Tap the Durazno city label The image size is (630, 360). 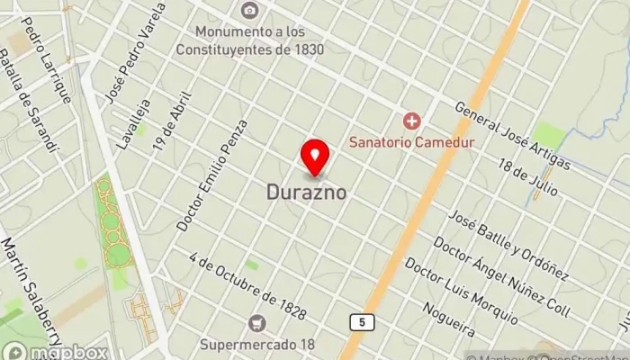coord(307,192)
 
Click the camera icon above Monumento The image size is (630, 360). coord(250,11)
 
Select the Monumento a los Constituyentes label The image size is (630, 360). coord(250,41)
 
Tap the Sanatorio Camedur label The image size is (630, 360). coord(412,141)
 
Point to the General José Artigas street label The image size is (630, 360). coord(513,135)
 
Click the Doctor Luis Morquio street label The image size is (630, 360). coord(461,292)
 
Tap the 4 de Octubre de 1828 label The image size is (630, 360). coord(248,289)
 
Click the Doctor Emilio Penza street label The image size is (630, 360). coord(211,176)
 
